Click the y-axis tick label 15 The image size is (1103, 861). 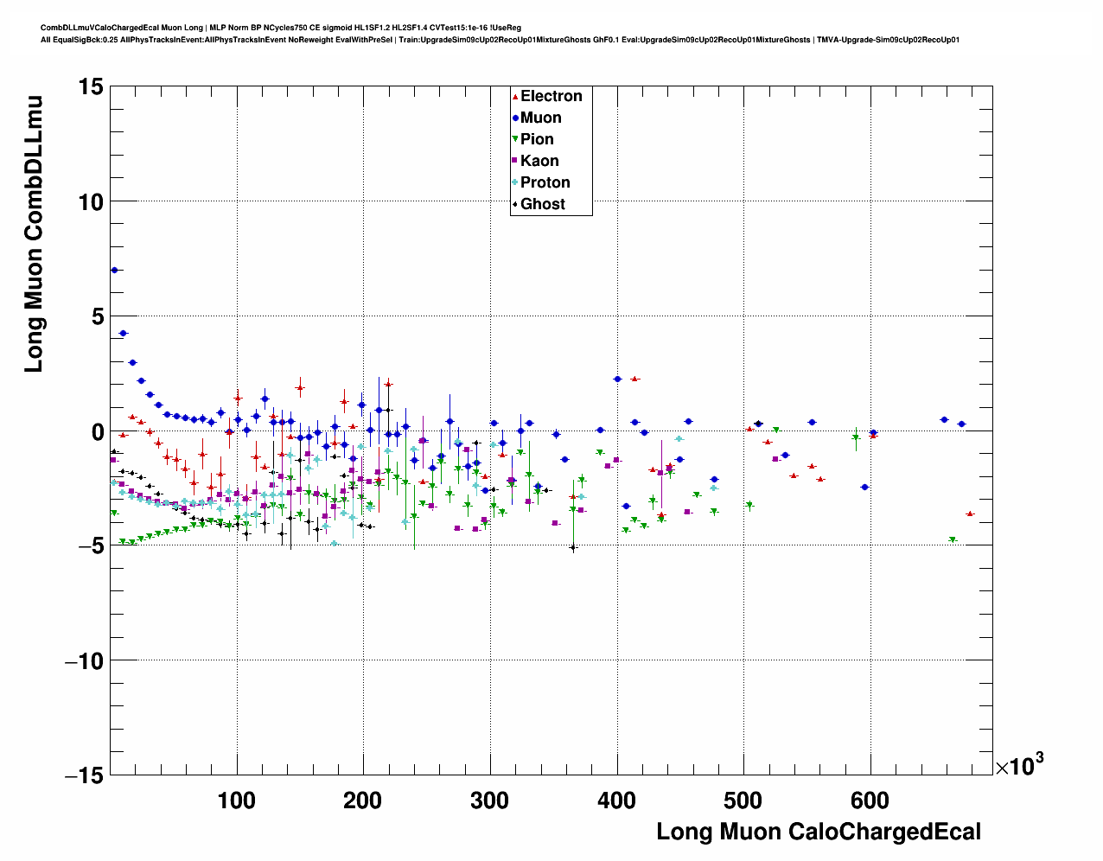[88, 87]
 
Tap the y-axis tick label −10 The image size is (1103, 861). [83, 661]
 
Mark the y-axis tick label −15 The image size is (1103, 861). [83, 776]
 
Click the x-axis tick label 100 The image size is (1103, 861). [236, 800]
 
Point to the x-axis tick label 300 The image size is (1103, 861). [489, 800]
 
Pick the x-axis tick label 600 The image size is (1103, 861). [870, 800]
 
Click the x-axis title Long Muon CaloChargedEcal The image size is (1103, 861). [819, 832]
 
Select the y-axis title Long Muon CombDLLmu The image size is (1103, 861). [34, 233]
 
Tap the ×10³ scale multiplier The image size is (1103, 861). [1019, 765]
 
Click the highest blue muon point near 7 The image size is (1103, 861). [114, 270]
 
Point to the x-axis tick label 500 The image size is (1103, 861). [743, 800]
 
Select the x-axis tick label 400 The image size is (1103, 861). [616, 800]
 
